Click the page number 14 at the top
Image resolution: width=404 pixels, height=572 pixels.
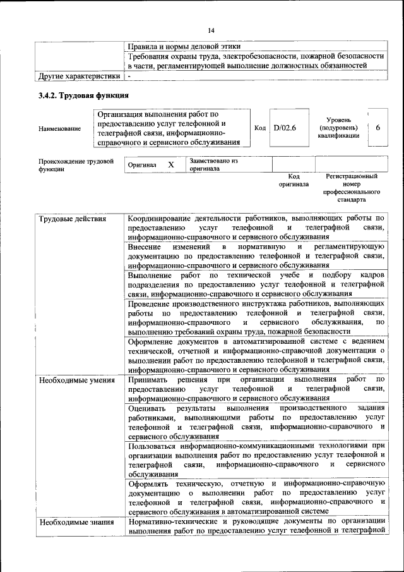coord(211,30)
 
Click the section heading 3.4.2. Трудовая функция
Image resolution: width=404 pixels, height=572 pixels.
coord(84,96)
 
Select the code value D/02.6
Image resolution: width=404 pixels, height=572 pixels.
coord(286,128)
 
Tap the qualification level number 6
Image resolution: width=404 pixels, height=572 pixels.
coord(377,128)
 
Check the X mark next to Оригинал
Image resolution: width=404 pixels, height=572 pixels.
coord(170,164)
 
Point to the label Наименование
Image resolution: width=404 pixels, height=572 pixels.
coord(59,128)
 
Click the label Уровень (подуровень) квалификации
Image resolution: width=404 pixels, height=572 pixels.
coord(339,128)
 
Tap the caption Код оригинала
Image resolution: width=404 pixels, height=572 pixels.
coord(294,180)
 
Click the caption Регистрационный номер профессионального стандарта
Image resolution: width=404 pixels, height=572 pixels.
coord(352,188)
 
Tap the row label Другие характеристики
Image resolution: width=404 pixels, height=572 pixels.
coord(78,76)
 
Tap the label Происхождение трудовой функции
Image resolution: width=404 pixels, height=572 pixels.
coord(76,165)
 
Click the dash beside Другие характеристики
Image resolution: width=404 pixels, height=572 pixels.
coord(129,76)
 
